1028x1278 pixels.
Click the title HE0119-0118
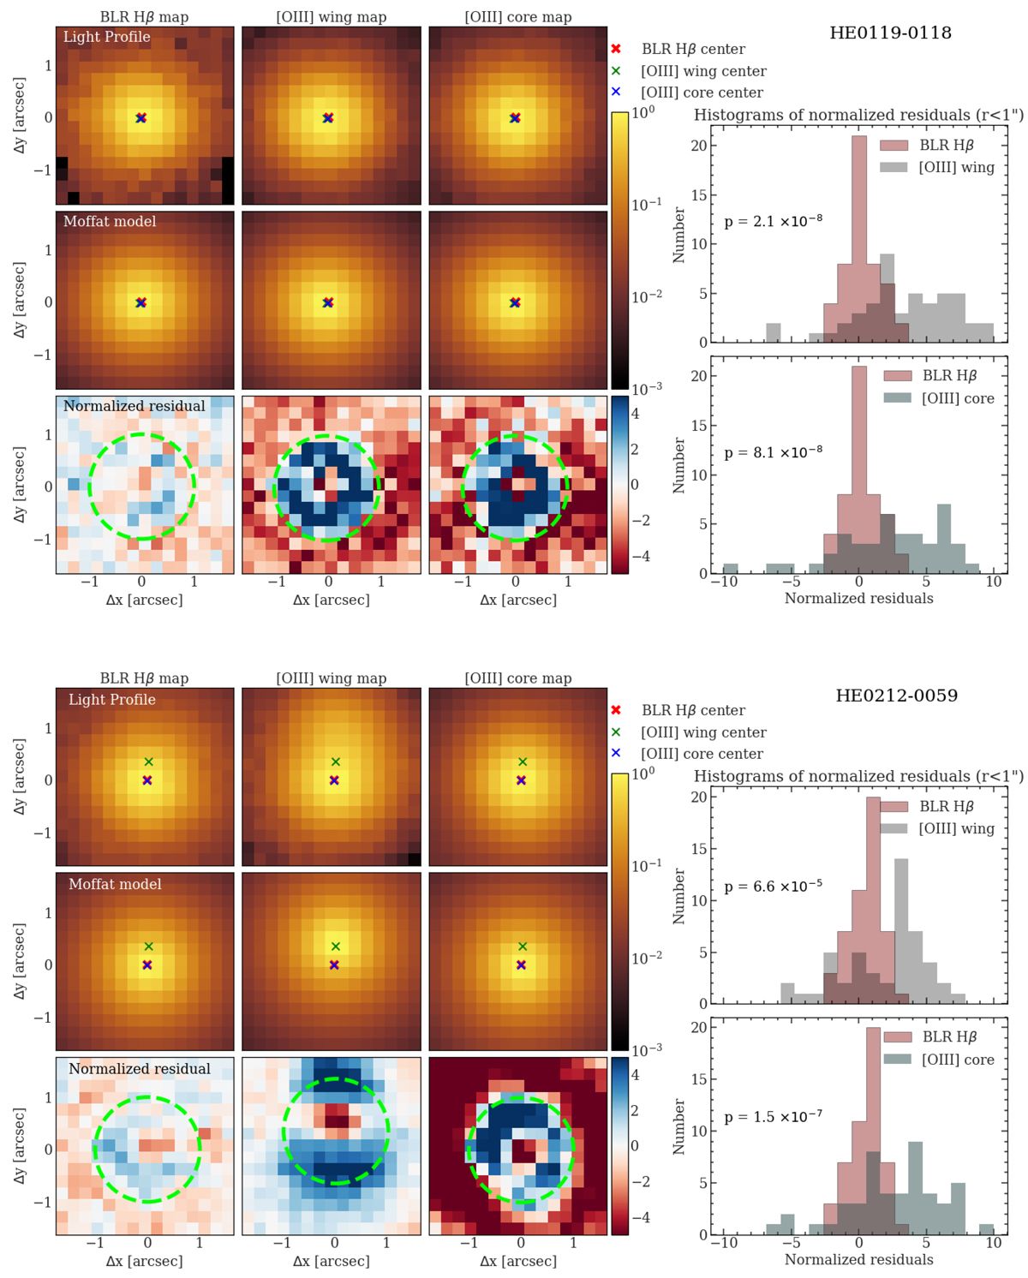coord(890,33)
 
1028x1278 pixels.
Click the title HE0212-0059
coord(896,696)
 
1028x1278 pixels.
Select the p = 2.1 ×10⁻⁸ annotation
coord(773,221)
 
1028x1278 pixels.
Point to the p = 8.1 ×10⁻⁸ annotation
coord(773,452)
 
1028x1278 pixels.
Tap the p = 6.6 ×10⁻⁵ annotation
coord(773,886)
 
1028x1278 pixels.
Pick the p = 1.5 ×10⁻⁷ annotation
coord(773,1117)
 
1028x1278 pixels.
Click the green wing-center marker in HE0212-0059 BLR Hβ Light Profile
coord(148,761)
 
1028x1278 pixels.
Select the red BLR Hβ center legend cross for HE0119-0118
coord(616,50)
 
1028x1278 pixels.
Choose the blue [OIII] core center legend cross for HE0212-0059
coord(616,753)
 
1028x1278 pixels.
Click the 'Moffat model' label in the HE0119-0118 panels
coord(110,222)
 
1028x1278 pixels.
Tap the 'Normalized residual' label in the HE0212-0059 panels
coord(140,1069)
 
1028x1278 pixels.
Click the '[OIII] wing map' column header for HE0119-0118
coord(331,17)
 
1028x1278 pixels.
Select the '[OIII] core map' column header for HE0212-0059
coord(517,678)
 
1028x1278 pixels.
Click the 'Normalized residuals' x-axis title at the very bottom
coord(858,1260)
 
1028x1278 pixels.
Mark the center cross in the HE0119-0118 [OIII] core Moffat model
coord(515,302)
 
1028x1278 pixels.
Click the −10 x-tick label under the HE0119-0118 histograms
coord(724,582)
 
